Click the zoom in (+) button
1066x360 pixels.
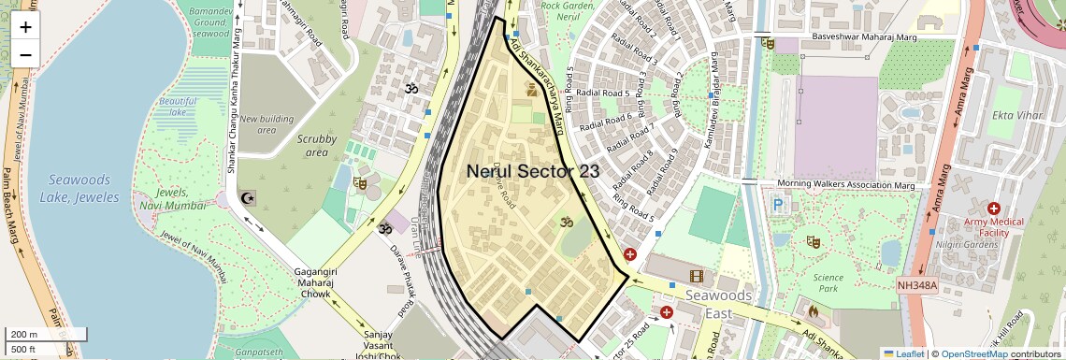click(25, 27)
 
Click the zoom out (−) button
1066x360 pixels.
click(25, 54)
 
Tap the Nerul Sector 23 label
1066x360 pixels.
click(533, 170)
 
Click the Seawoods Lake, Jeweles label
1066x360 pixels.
click(79, 188)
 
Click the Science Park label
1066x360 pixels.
click(828, 277)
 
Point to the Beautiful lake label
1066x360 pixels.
click(178, 107)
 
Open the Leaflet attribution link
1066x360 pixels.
click(903, 353)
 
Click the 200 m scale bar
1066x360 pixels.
click(45, 334)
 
